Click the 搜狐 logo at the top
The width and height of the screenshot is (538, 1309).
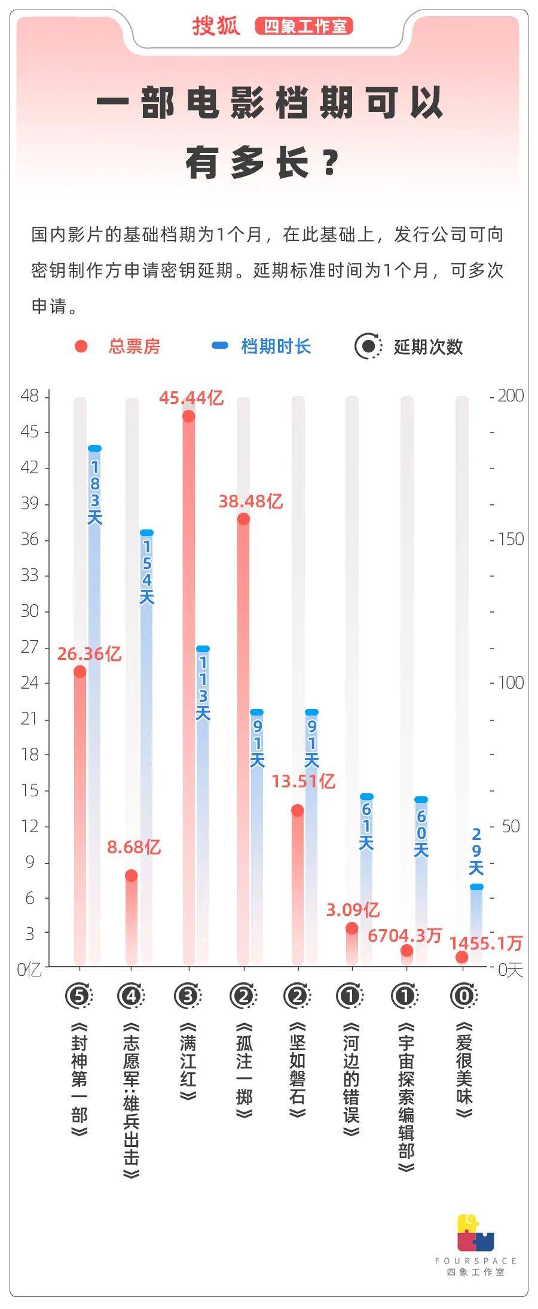click(216, 26)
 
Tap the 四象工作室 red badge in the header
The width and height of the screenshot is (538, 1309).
click(304, 26)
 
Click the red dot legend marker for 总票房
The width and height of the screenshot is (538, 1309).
click(81, 346)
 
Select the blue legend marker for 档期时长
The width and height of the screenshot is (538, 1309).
click(220, 346)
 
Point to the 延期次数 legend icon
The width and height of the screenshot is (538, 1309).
click(368, 346)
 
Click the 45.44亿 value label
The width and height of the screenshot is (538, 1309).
click(191, 398)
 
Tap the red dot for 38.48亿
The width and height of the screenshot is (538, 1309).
click(243, 519)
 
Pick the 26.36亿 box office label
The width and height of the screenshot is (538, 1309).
click(89, 654)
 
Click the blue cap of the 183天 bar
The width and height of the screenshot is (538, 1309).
click(94, 448)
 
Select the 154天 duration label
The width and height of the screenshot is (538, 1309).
click(147, 572)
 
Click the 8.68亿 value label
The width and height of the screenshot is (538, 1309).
click(134, 847)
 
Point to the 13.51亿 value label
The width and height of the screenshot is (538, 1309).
click(303, 781)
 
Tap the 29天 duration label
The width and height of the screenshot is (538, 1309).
click(476, 851)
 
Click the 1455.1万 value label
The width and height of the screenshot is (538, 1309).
click(485, 943)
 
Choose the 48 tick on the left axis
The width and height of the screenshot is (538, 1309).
click(29, 396)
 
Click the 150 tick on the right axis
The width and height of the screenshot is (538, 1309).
click(510, 539)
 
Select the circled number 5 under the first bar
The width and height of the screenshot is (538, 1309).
click(79, 997)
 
